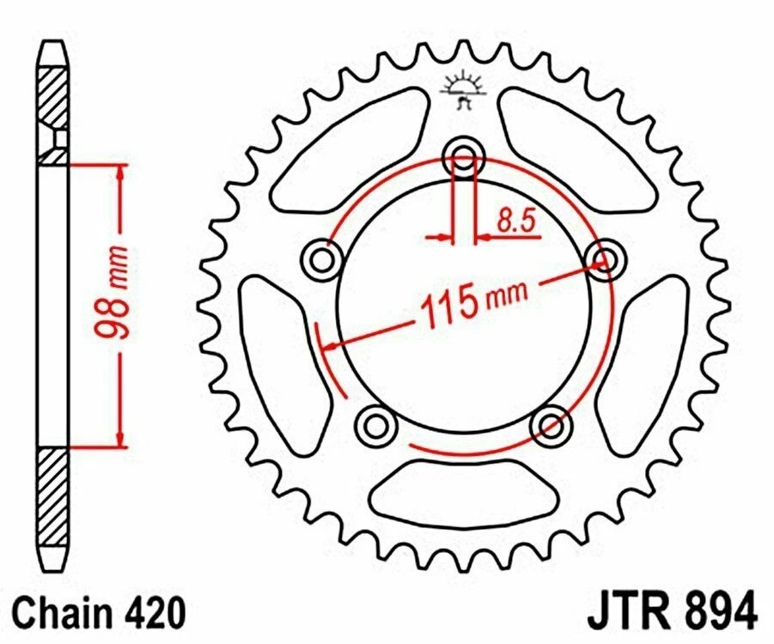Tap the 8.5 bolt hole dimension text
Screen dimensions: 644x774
[x=515, y=222]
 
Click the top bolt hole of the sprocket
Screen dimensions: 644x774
[x=464, y=157]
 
